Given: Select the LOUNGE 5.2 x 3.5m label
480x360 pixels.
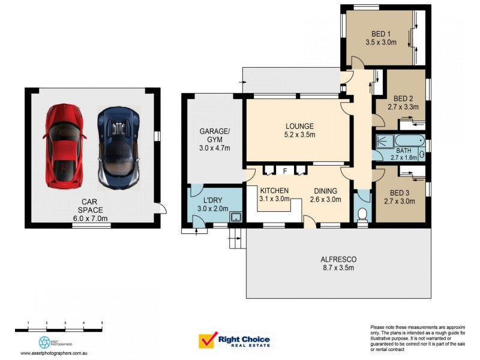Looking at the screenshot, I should [299, 130].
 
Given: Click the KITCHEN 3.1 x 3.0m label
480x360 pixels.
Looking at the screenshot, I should [274, 195].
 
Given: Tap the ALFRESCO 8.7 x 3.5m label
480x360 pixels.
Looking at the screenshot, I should [339, 263].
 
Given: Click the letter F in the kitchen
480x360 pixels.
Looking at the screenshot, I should [285, 171].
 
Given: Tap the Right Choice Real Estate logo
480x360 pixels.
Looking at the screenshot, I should [235, 341].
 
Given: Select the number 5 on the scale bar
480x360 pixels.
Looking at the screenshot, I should [102, 323].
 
